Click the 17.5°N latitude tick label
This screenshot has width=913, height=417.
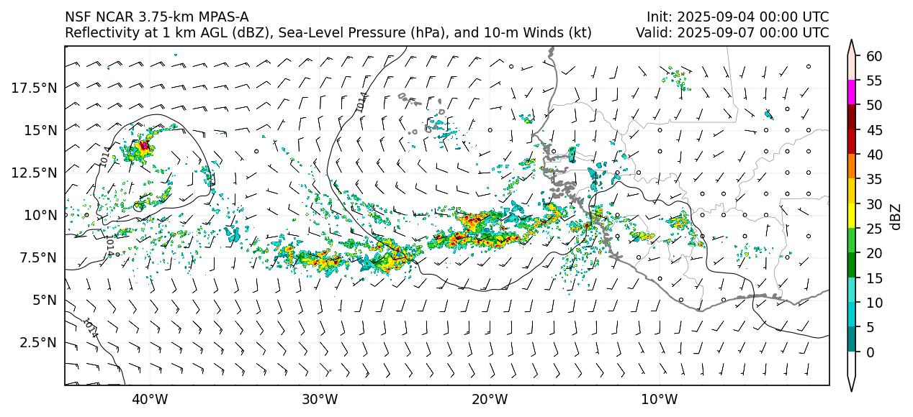[x=35, y=88]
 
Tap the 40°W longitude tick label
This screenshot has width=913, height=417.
[x=150, y=399]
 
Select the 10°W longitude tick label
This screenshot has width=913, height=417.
[x=659, y=399]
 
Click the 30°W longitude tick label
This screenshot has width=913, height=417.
[x=320, y=399]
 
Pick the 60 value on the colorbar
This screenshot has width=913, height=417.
[x=874, y=56]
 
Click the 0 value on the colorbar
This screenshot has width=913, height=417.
[x=870, y=352]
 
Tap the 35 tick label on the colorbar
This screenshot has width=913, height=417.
[x=874, y=180]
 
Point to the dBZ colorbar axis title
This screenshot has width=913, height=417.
[x=896, y=216]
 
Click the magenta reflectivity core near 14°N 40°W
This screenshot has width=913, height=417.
[x=144, y=145]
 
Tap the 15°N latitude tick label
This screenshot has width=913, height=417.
[x=39, y=130]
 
